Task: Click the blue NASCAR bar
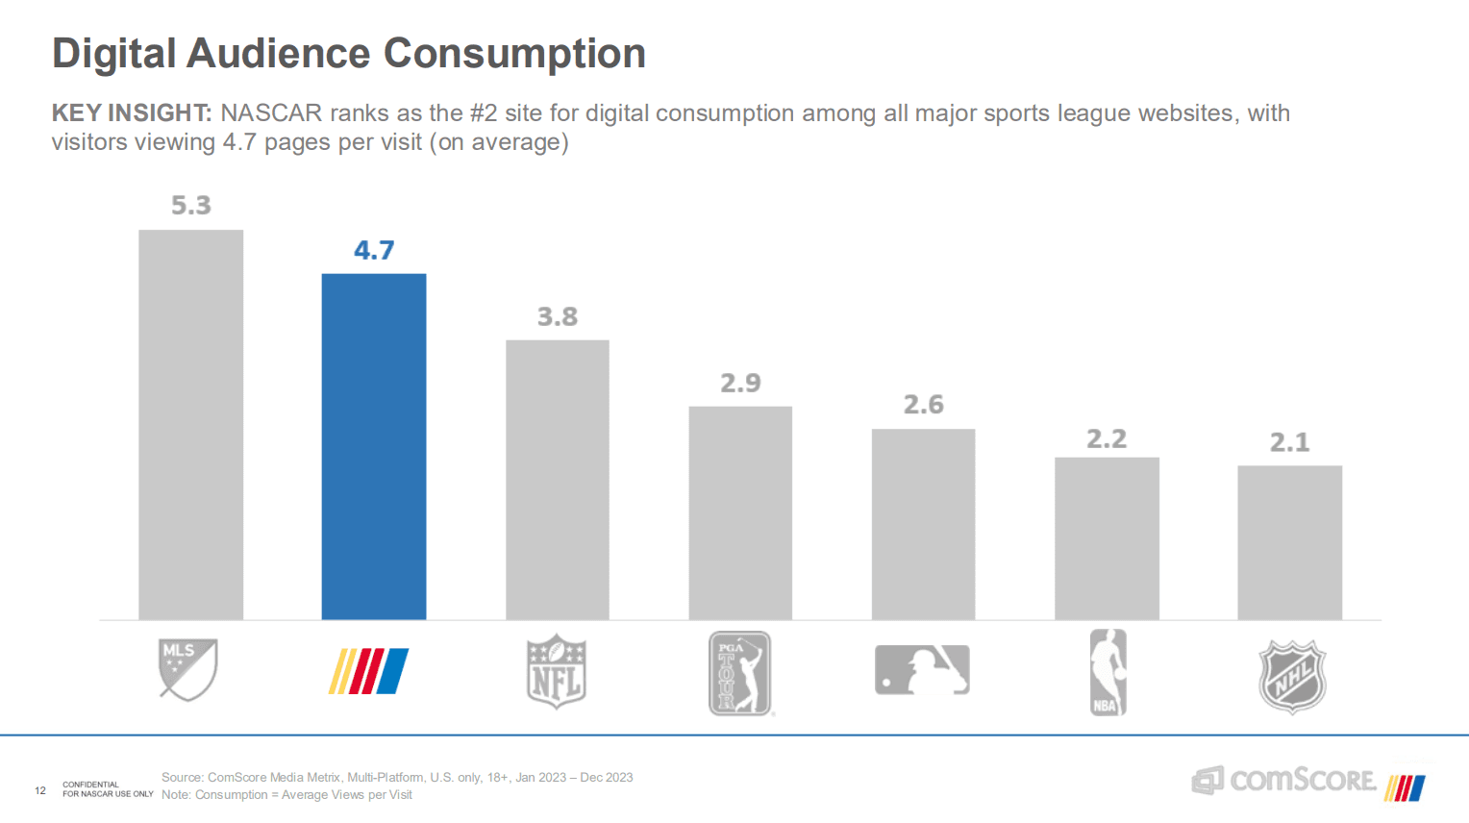coord(373,446)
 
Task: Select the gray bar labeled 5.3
coord(190,424)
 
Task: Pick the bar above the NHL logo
coord(1289,542)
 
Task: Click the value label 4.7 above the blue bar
coord(374,251)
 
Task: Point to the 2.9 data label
coord(740,384)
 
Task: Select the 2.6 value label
coord(923,405)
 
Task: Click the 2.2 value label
coord(1106,439)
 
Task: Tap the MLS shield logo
coord(187,669)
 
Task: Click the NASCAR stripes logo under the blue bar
coord(368,671)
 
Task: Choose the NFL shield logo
coord(556,672)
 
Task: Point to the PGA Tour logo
coord(740,673)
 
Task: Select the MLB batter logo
coord(922,669)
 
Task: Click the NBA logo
coord(1108,672)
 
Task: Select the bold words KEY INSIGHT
coord(131,113)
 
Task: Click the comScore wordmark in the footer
coord(1302,780)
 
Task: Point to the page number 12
coord(40,790)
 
